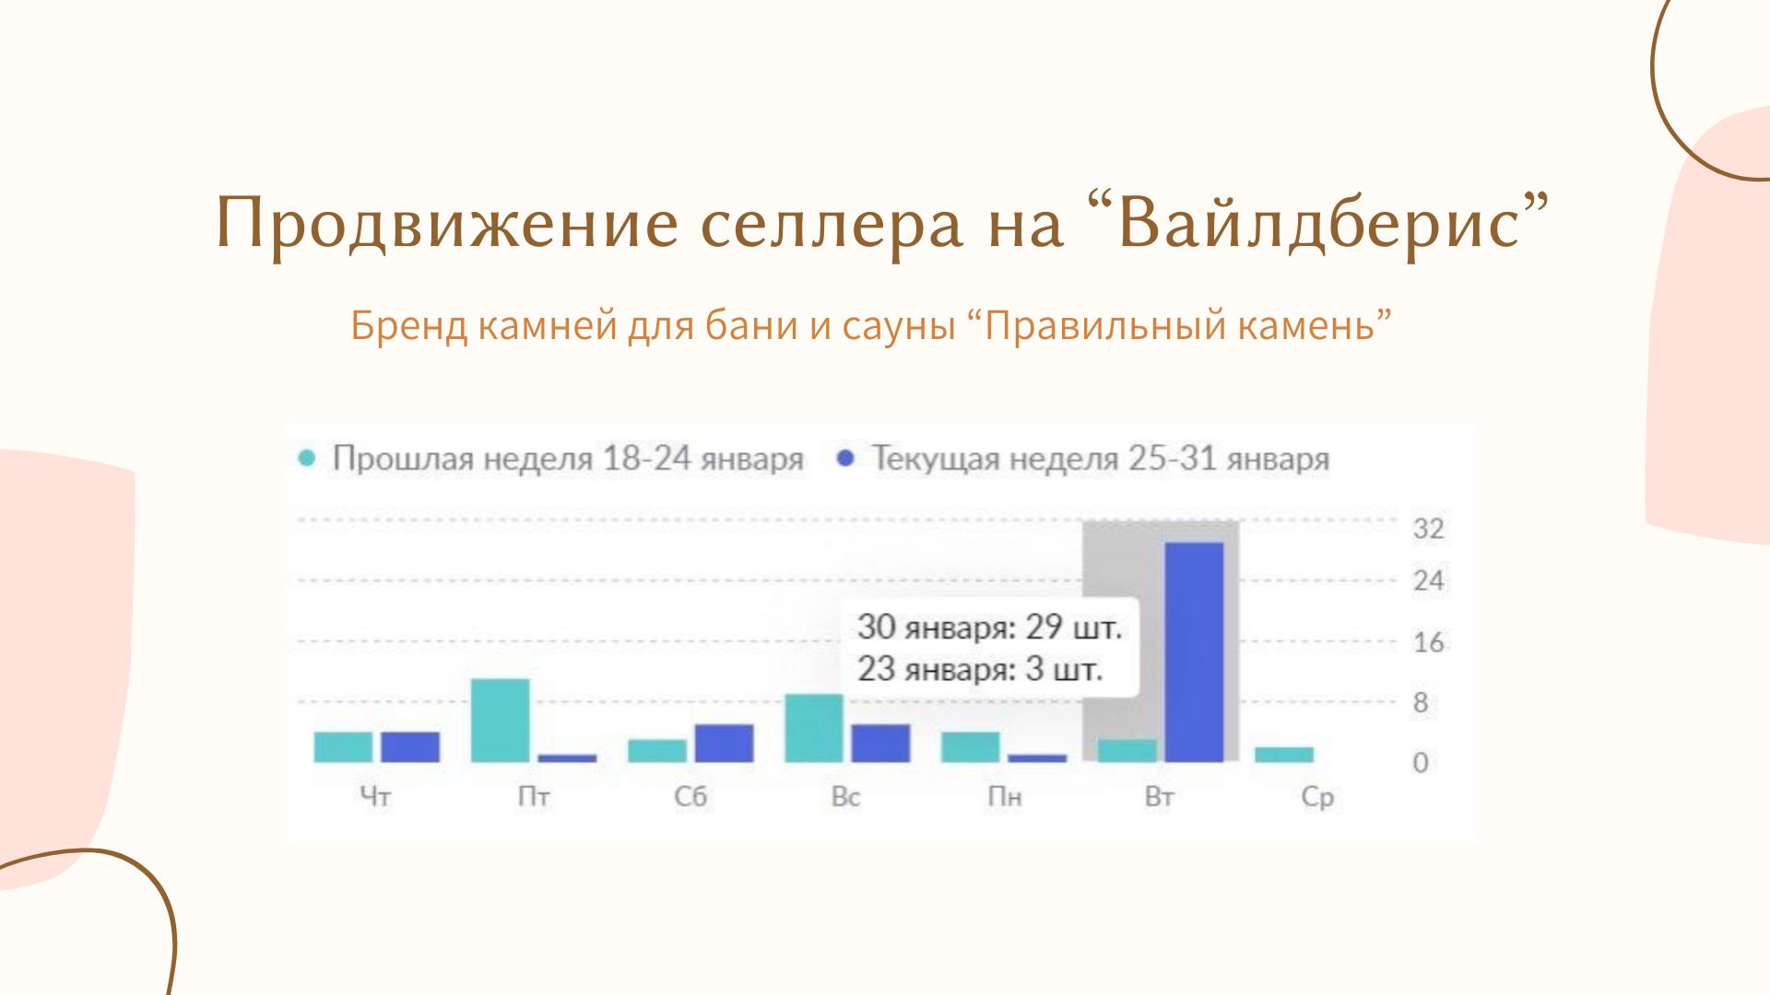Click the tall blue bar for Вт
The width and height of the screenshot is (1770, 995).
pyautogui.click(x=1194, y=652)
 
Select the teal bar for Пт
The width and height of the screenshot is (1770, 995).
pyautogui.click(x=501, y=720)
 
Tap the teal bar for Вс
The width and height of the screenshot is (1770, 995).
pyautogui.click(x=814, y=728)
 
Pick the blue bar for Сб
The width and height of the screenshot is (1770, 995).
pyautogui.click(x=724, y=743)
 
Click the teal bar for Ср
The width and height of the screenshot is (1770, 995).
pyautogui.click(x=1284, y=755)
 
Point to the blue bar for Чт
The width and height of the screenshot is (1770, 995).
pyautogui.click(x=410, y=747)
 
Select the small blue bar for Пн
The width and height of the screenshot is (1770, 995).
pyautogui.click(x=1037, y=758)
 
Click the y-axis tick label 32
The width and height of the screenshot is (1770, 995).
pyautogui.click(x=1428, y=529)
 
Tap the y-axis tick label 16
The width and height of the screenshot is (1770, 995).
pyautogui.click(x=1428, y=642)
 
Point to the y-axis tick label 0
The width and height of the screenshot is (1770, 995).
pyautogui.click(x=1421, y=763)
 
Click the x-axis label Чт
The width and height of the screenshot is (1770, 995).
pyautogui.click(x=375, y=797)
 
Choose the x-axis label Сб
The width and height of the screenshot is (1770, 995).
pyautogui.click(x=690, y=797)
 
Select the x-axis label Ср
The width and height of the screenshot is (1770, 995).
pyautogui.click(x=1317, y=798)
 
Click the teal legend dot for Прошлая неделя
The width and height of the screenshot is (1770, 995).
pyautogui.click(x=308, y=458)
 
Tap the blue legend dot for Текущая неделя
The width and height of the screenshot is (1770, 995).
pyautogui.click(x=845, y=458)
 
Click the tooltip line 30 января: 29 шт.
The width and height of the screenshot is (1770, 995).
pyautogui.click(x=989, y=627)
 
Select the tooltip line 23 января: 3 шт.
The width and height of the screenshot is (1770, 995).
pyautogui.click(x=980, y=669)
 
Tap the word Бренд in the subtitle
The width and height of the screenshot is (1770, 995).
pyautogui.click(x=408, y=325)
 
